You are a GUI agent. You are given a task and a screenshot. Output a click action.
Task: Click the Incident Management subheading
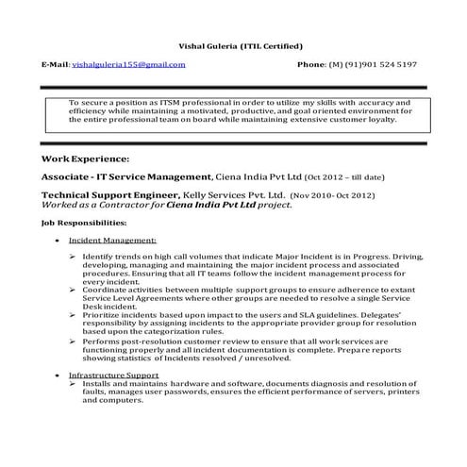click(106, 241)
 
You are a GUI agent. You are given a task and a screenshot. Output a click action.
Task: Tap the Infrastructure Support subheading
click(113, 375)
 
